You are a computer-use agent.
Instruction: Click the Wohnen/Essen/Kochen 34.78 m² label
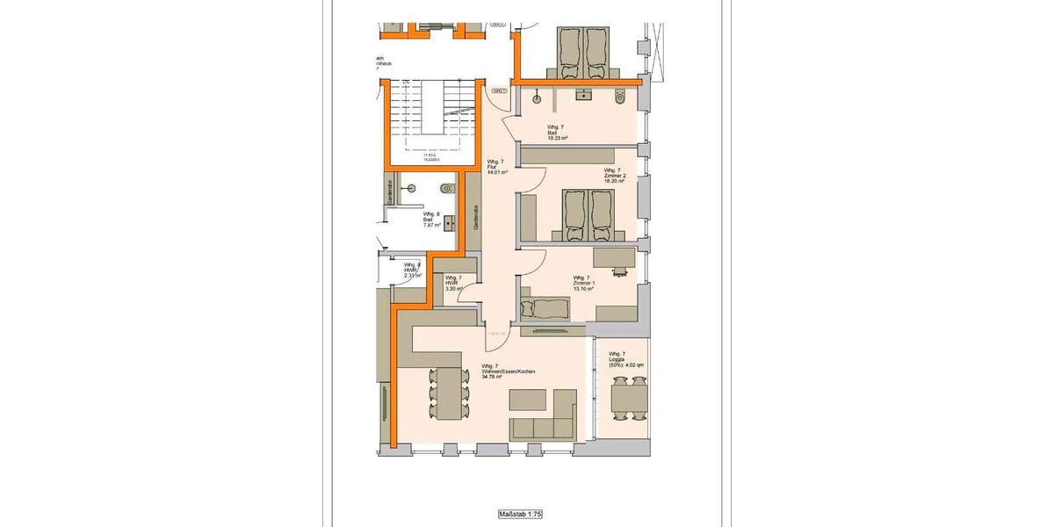pyautogui.click(x=508, y=371)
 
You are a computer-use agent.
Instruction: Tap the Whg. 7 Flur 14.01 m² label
pyautogui.click(x=497, y=167)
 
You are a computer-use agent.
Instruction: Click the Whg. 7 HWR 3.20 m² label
pyautogui.click(x=454, y=283)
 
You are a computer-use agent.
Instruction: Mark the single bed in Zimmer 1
pyautogui.click(x=545, y=307)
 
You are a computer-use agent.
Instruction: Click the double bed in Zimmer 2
pyautogui.click(x=588, y=213)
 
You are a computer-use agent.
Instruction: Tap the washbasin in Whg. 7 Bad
pyautogui.click(x=582, y=92)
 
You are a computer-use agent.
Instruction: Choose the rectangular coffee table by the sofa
pyautogui.click(x=530, y=400)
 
